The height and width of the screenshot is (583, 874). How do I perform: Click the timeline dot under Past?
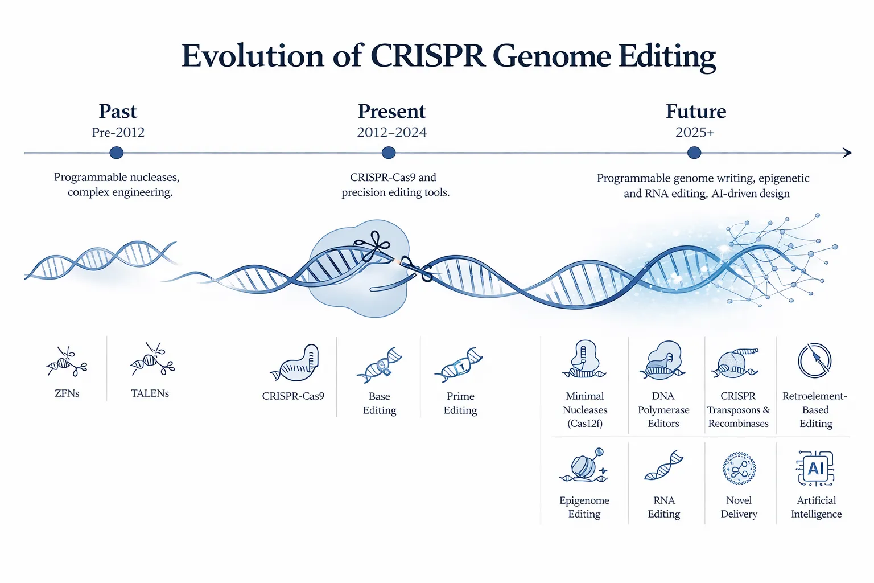[x=116, y=153]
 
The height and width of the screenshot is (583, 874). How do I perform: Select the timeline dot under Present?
[x=389, y=153]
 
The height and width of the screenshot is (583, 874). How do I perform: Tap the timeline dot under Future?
[x=694, y=153]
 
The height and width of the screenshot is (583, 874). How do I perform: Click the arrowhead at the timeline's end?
[x=847, y=153]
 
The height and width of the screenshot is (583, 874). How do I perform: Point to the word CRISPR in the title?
[x=427, y=56]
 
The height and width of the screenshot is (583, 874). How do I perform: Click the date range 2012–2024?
[x=391, y=133]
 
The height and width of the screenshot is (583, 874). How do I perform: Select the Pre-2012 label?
[x=118, y=133]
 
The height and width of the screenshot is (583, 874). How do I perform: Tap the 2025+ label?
[x=695, y=133]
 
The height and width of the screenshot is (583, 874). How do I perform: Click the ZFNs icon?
[x=67, y=362]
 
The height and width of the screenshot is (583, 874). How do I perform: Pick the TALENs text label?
[x=150, y=393]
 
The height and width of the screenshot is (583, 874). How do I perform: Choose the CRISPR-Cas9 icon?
[x=294, y=363]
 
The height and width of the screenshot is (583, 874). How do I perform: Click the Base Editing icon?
[x=379, y=365]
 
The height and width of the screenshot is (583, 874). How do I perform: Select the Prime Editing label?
[x=460, y=403]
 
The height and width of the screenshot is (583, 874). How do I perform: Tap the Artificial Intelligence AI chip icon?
[x=815, y=469]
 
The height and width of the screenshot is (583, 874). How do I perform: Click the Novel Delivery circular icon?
[x=739, y=469]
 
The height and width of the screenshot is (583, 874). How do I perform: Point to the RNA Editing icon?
[x=663, y=466]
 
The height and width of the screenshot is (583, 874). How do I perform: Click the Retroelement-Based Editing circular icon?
[x=815, y=360]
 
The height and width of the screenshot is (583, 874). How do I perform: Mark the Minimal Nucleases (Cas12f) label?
[x=585, y=410]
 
